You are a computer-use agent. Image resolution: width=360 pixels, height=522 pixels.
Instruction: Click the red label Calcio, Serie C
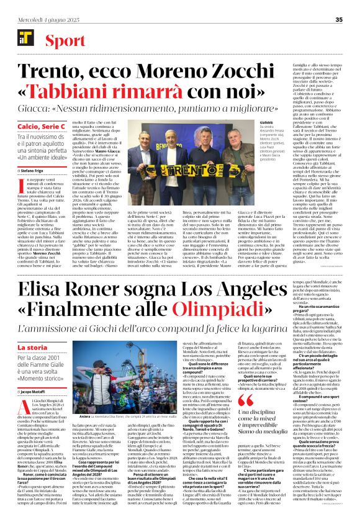(43, 127)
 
